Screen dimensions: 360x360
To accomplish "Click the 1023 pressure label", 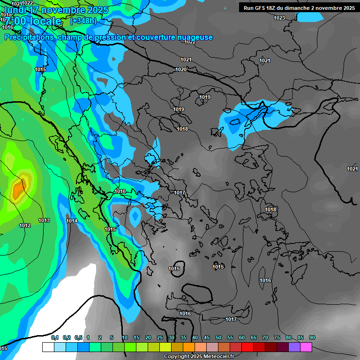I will click(x=279, y=18).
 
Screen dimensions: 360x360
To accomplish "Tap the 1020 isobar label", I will click(x=181, y=69).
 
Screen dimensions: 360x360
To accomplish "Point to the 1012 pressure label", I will click(x=25, y=226).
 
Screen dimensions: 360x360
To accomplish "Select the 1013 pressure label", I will click(x=44, y=220).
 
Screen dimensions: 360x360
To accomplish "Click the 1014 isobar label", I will click(x=72, y=221).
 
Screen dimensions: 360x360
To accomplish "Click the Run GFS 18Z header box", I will click(x=298, y=7).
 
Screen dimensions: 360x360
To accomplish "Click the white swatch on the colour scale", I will click(x=48, y=347).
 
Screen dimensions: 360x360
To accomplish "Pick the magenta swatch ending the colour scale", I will click(x=306, y=347).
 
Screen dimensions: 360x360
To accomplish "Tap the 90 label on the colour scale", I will click(x=312, y=337).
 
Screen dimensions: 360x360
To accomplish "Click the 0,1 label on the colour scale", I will click(x=55, y=337).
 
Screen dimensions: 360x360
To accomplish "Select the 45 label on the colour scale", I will click(x=207, y=337).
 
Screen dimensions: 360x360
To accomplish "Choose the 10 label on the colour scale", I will click(x=125, y=337).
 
